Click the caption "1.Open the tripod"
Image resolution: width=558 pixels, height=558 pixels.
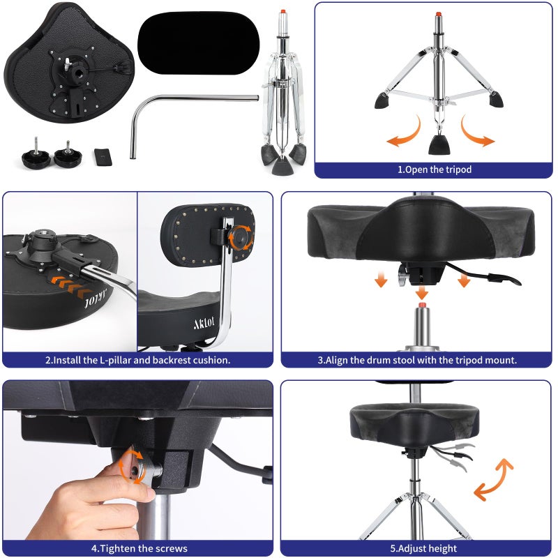[434, 169]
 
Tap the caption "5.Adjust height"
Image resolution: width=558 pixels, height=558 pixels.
[423, 548]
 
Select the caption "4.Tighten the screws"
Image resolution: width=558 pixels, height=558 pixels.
[139, 548]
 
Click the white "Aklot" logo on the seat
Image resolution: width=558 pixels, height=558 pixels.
[204, 323]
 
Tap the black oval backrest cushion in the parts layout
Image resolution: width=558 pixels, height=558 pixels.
[199, 43]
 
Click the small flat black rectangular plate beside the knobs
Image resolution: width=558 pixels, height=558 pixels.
[103, 157]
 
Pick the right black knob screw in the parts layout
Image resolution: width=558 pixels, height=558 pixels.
[68, 154]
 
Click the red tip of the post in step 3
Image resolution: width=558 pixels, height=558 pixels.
[422, 306]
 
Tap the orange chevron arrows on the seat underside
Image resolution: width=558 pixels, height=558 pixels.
[70, 286]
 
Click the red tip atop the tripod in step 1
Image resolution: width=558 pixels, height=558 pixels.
[439, 14]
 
